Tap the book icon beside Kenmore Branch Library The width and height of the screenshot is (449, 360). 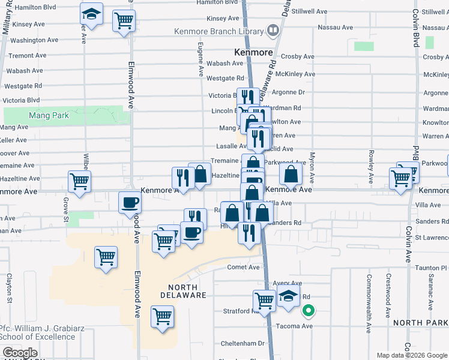(273, 29)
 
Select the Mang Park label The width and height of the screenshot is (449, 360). (51, 115)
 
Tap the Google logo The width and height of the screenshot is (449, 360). (20, 353)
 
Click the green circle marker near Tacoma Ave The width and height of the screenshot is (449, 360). (309, 311)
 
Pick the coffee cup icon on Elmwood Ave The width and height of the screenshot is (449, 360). (129, 203)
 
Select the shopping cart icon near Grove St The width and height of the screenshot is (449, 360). (79, 181)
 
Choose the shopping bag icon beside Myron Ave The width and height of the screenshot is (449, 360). (291, 175)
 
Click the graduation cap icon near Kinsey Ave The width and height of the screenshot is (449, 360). (91, 14)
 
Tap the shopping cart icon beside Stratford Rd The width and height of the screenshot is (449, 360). (264, 300)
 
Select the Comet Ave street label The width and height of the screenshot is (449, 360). (243, 268)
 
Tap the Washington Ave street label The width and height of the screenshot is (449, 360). (34, 40)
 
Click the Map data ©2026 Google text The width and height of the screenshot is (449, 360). (411, 355)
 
